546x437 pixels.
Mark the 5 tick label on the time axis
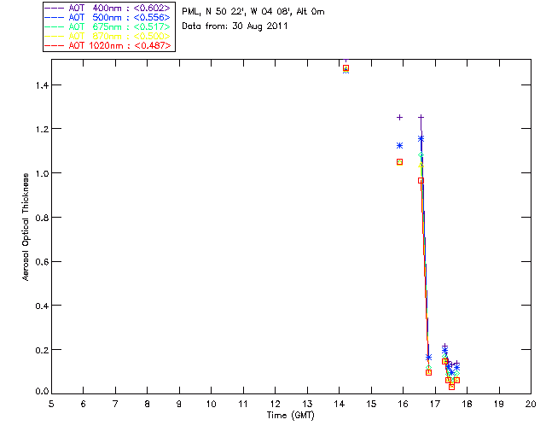(51, 404)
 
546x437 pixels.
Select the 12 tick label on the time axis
(275, 404)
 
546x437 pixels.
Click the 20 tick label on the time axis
(531, 404)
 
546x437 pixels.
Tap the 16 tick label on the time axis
(403, 404)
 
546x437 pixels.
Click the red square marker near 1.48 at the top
(346, 67)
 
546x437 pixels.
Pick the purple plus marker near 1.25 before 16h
(399, 117)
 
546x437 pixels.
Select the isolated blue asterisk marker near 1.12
(399, 145)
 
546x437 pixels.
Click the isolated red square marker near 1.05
(399, 161)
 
